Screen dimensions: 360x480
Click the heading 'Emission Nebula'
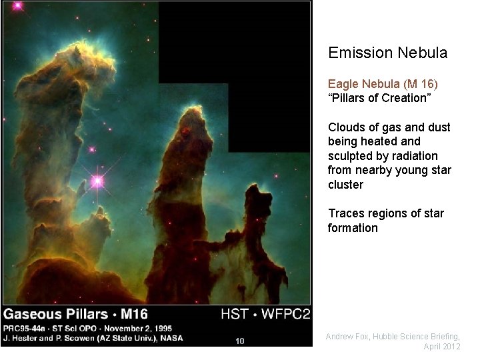(387, 53)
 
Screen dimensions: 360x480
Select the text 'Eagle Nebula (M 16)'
(383, 84)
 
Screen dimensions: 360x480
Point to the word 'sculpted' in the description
(349, 156)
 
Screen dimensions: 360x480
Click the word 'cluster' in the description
(345, 185)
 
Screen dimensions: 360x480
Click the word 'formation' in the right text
(353, 228)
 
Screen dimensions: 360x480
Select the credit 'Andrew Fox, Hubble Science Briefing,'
(393, 337)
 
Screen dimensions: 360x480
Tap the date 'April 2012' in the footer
(441, 347)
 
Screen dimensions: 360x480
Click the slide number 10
(240, 341)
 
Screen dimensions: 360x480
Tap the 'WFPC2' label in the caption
(287, 314)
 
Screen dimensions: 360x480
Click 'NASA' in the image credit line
(171, 338)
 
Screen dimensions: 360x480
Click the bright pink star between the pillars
(98, 181)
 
